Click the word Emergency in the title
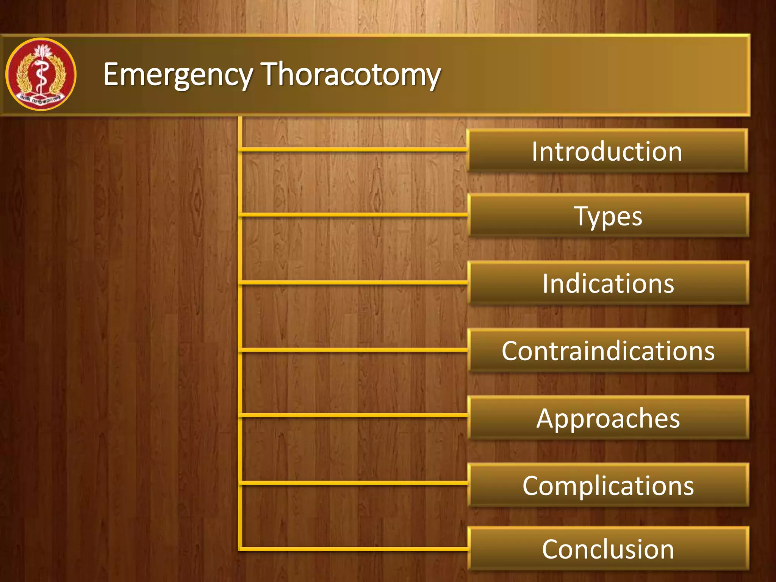pyautogui.click(x=177, y=75)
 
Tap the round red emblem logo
pyautogui.click(x=41, y=74)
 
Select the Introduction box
pyautogui.click(x=607, y=151)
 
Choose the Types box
pyautogui.click(x=608, y=216)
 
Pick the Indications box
pyautogui.click(x=608, y=283)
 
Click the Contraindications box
pyautogui.click(x=608, y=350)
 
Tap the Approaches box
pyautogui.click(x=608, y=418)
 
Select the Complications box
pyautogui.click(x=608, y=485)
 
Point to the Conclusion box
pyautogui.click(x=608, y=549)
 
